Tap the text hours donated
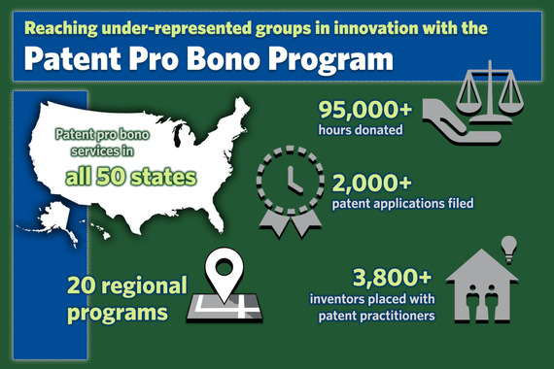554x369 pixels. pos(360,129)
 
